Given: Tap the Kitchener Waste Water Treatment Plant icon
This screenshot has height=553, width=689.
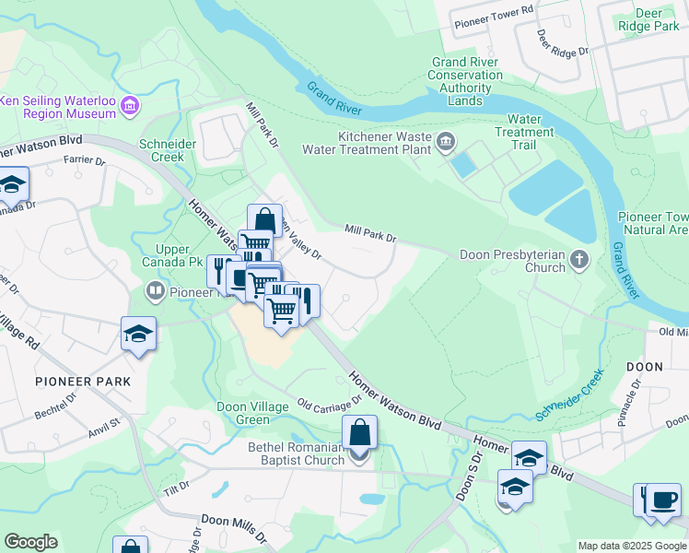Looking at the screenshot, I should [x=447, y=141].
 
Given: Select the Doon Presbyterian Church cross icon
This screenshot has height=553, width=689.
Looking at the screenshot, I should [x=579, y=260].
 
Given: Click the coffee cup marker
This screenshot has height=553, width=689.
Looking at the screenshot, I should [x=663, y=501].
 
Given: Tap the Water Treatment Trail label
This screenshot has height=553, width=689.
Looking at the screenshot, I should [x=524, y=132].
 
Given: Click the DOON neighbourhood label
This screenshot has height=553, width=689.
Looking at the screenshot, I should [x=644, y=367].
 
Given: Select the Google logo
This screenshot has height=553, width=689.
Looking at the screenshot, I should [x=30, y=542].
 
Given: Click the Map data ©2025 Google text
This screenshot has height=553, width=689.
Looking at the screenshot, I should [x=630, y=546].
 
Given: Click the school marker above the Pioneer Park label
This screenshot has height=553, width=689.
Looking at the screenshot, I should [x=138, y=334].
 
